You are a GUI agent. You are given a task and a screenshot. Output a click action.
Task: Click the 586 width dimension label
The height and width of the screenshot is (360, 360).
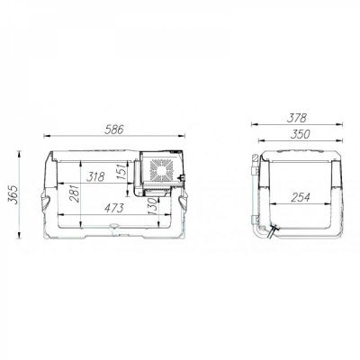[x=114, y=130]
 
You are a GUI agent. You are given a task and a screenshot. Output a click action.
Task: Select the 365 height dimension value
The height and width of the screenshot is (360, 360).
[x=13, y=194]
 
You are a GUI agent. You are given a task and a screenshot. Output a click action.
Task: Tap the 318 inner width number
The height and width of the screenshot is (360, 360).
[x=95, y=176]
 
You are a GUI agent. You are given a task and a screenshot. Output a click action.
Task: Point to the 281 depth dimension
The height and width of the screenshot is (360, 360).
[x=75, y=193]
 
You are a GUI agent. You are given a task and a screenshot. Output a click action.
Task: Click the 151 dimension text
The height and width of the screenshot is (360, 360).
[x=121, y=171]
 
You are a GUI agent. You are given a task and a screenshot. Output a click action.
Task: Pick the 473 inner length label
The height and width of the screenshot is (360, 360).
[x=114, y=208]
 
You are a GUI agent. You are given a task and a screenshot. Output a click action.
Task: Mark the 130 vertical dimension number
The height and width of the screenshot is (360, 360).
[x=152, y=207]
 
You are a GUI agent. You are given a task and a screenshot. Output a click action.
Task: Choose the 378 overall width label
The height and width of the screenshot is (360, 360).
[x=297, y=118]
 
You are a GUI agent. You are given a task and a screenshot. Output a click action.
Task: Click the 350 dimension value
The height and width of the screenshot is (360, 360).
[x=300, y=134]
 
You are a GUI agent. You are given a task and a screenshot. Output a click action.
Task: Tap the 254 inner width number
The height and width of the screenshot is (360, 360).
[x=300, y=197]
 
